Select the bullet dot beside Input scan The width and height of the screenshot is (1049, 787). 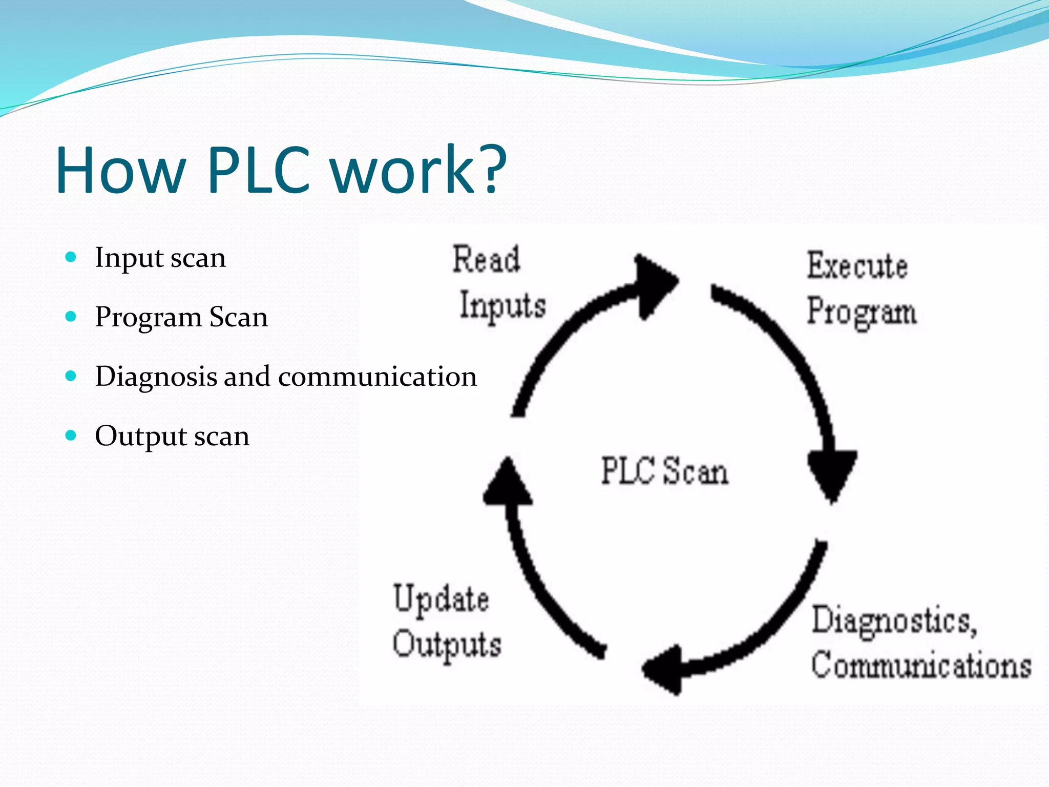tap(71, 257)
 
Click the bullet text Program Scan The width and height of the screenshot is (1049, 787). tap(181, 317)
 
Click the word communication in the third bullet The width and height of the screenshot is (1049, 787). tap(377, 377)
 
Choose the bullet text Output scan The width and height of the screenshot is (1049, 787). tap(172, 436)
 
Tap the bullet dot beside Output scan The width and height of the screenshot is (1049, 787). tap(71, 436)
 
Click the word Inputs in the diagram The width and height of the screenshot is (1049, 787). tap(502, 305)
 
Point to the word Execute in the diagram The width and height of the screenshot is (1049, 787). tap(857, 265)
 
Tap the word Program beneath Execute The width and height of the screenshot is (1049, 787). tap(862, 312)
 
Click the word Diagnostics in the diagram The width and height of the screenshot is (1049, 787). tap(894, 621)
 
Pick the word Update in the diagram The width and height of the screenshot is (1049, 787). tap(441, 599)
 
